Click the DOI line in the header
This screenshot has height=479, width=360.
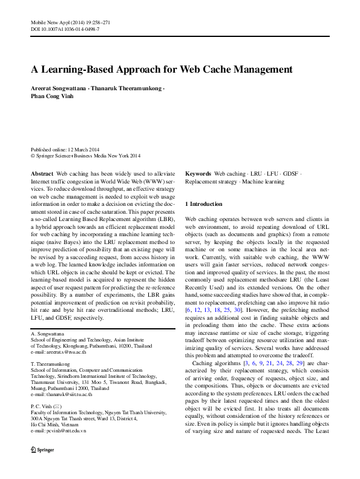[x=65, y=29]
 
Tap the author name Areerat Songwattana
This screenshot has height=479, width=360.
[x=58, y=88]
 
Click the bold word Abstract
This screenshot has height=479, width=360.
[x=42, y=173]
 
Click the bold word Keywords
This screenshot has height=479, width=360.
[x=198, y=173]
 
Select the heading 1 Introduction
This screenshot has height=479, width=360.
[x=203, y=204]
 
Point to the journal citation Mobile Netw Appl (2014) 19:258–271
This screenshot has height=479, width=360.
[x=70, y=22]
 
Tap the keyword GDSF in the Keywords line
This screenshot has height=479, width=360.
[x=291, y=173]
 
